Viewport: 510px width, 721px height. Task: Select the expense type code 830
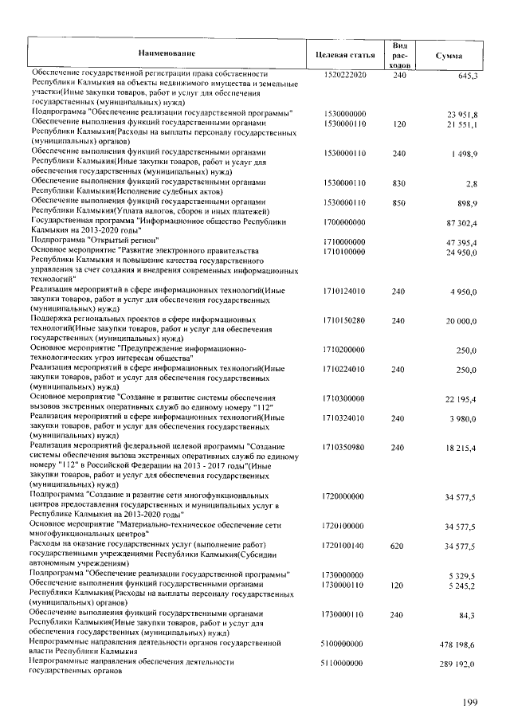[x=400, y=182]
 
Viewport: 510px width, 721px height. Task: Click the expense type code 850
[x=400, y=203]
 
